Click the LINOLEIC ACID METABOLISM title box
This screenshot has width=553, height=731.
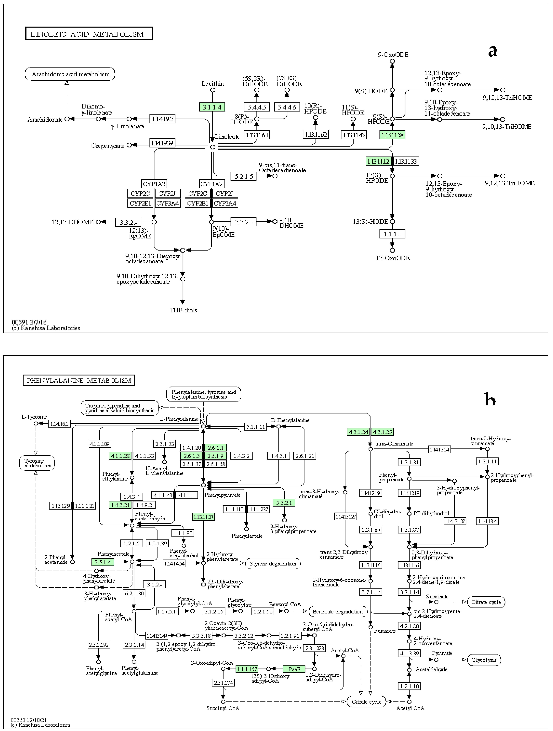click(89, 34)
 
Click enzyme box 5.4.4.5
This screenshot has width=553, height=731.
click(257, 107)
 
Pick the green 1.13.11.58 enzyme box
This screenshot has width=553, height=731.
click(392, 135)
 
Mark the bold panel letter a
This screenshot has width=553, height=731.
click(492, 51)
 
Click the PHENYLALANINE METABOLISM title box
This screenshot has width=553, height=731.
click(79, 380)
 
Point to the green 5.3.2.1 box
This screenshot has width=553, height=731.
click(284, 503)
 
